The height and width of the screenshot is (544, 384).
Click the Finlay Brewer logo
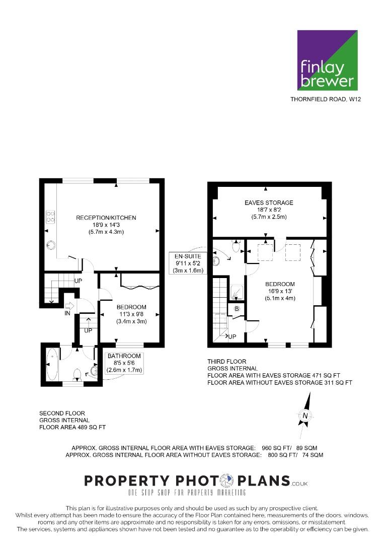[328, 60]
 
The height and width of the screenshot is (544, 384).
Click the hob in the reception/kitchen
[50, 217]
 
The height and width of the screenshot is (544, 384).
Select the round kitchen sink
[51, 245]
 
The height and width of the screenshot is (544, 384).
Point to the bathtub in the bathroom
[52, 365]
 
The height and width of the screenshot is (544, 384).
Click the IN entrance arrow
[69, 306]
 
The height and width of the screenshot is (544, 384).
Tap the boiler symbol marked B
[237, 309]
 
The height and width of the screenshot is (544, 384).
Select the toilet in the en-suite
[236, 246]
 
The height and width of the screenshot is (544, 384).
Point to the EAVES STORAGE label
[269, 202]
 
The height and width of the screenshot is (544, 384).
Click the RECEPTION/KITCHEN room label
[106, 218]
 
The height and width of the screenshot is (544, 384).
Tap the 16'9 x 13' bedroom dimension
[280, 292]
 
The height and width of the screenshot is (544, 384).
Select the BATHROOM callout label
[124, 356]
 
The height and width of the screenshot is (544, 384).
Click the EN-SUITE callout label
[188, 256]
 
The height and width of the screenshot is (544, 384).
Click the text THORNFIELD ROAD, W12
[326, 99]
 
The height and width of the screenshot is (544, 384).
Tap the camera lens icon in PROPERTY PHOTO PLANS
[227, 481]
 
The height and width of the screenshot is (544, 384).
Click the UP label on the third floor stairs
[232, 336]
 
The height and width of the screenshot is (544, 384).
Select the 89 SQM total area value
[310, 448]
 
